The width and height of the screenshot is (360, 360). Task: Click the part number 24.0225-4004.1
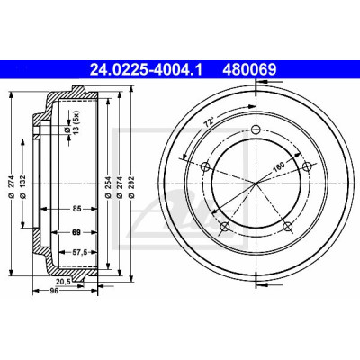146,70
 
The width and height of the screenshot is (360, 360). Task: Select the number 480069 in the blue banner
249,70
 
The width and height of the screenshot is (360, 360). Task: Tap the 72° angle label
209,122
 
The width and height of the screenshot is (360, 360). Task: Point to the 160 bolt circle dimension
278,166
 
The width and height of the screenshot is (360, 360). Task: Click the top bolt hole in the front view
256,130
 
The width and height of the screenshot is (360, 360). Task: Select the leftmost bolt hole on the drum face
205,166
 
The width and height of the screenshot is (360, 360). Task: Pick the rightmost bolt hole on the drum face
306,166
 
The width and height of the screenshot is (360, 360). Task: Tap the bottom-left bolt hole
224,227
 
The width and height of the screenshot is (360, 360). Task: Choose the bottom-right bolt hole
287,226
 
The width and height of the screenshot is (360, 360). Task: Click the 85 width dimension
77,209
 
